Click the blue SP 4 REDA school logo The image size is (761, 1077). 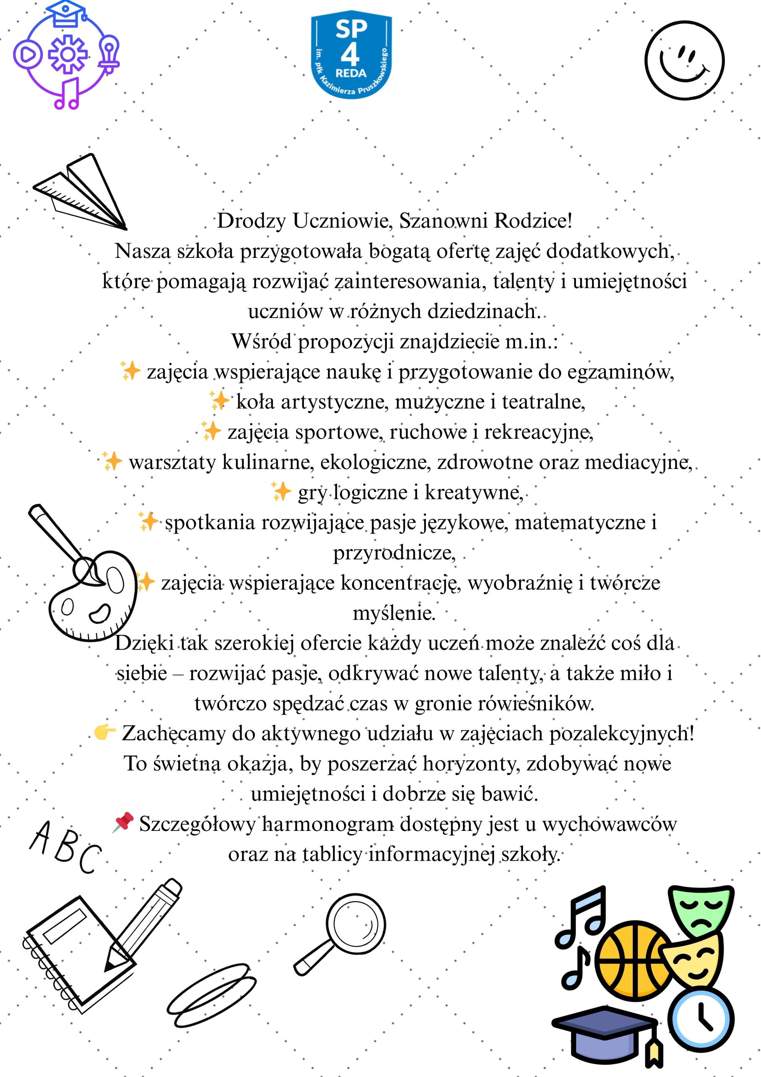[x=351, y=56]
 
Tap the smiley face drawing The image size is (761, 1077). [x=684, y=61]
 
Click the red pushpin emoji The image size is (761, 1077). [x=123, y=823]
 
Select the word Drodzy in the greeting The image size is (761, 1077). [x=251, y=221]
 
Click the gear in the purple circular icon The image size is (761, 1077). [x=68, y=54]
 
